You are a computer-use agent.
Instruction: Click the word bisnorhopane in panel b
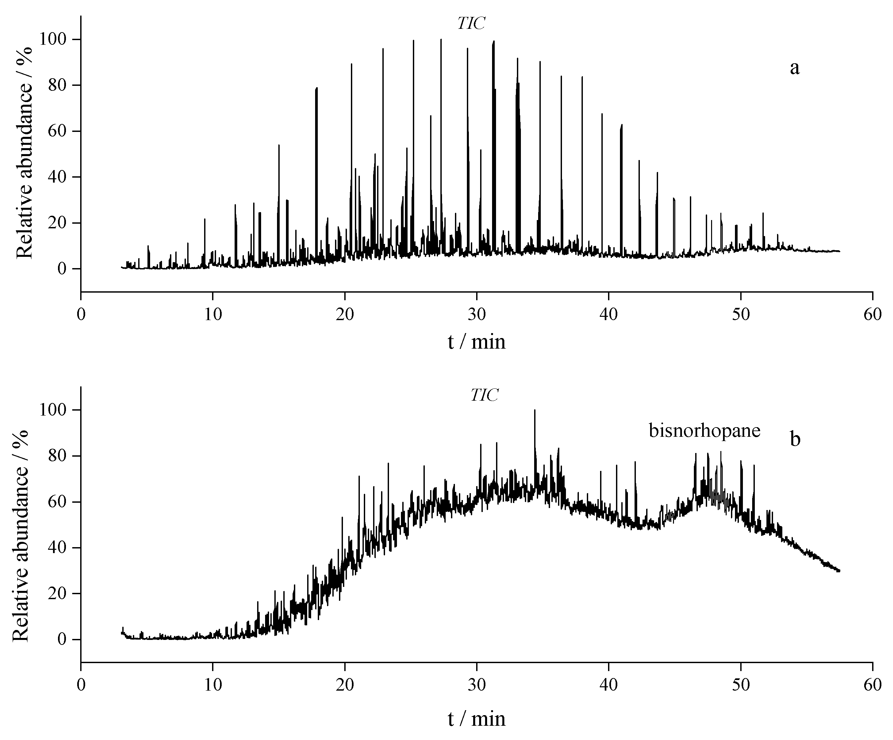pyautogui.click(x=704, y=431)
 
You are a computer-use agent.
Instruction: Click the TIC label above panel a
pyautogui.click(x=471, y=24)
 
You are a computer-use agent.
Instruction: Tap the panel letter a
pyautogui.click(x=794, y=68)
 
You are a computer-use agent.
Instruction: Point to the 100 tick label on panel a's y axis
pyautogui.click(x=53, y=39)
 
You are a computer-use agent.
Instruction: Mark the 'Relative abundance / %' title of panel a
pyautogui.click(x=25, y=154)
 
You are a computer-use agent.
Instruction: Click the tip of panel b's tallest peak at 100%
pyautogui.click(x=534, y=410)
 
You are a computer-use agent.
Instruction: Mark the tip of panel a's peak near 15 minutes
pyautogui.click(x=279, y=145)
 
